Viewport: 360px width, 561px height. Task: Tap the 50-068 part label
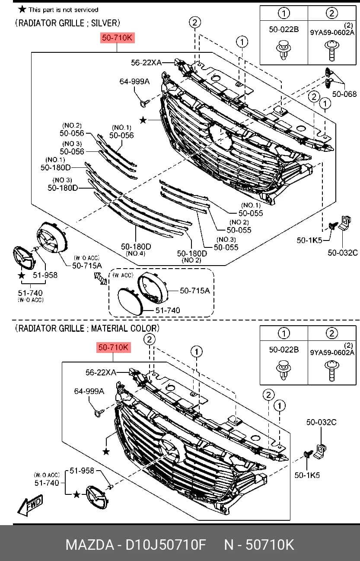344,94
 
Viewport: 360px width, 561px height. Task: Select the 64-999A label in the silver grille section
134,81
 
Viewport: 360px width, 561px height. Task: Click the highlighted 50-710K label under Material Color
114,347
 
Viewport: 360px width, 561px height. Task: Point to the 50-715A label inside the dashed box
194,291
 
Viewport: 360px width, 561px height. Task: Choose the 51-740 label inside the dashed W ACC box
168,310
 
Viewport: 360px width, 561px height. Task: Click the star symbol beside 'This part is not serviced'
22,10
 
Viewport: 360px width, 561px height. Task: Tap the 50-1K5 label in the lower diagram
307,475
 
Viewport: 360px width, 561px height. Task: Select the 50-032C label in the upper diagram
343,253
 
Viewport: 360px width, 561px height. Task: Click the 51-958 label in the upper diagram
45,275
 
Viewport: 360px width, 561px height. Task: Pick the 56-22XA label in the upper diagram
147,63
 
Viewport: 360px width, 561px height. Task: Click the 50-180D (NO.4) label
136,247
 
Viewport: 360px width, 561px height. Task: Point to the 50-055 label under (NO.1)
251,213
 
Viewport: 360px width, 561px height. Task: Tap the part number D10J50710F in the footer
166,545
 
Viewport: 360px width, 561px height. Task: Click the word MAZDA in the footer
89,545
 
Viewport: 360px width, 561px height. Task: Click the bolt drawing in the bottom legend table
332,370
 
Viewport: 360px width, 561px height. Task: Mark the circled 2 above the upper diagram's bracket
195,22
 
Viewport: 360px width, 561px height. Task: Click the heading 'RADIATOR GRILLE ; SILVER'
67,23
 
